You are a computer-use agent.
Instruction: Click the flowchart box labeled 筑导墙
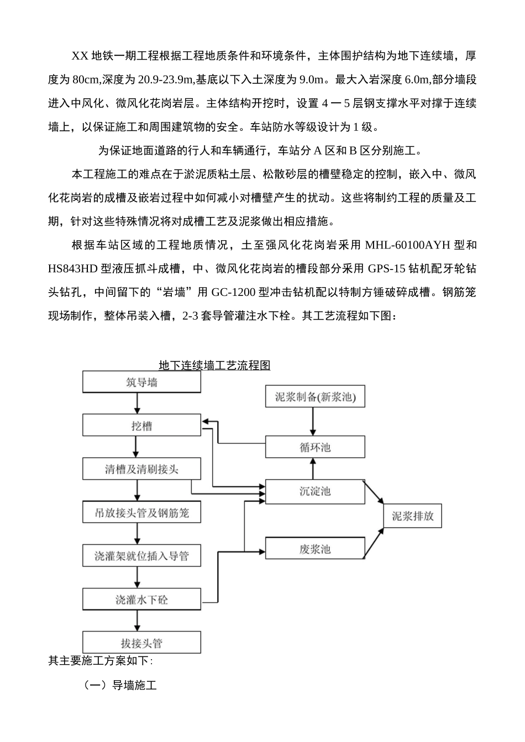pos(141,382)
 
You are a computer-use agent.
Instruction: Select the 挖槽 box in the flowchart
pos(141,426)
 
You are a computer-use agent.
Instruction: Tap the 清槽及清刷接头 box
pos(141,469)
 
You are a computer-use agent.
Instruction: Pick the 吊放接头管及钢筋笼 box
pos(141,513)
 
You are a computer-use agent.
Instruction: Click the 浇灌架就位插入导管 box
pos(141,556)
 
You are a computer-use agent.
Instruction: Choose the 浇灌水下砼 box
pos(141,600)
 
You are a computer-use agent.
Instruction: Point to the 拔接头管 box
pos(141,643)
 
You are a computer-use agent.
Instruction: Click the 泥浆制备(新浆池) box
pos(315,397)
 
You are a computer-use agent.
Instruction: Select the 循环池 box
pos(315,447)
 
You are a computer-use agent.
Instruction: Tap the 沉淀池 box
pos(315,491)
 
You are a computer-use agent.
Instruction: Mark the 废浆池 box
pos(315,549)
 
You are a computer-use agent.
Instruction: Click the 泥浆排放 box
pos(413,517)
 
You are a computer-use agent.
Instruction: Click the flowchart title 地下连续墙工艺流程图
pos(214,365)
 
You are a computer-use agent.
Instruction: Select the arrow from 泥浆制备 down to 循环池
pos(314,422)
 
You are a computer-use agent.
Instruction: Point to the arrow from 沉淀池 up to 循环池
pos(314,469)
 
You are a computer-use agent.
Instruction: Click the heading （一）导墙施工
pos(120,686)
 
